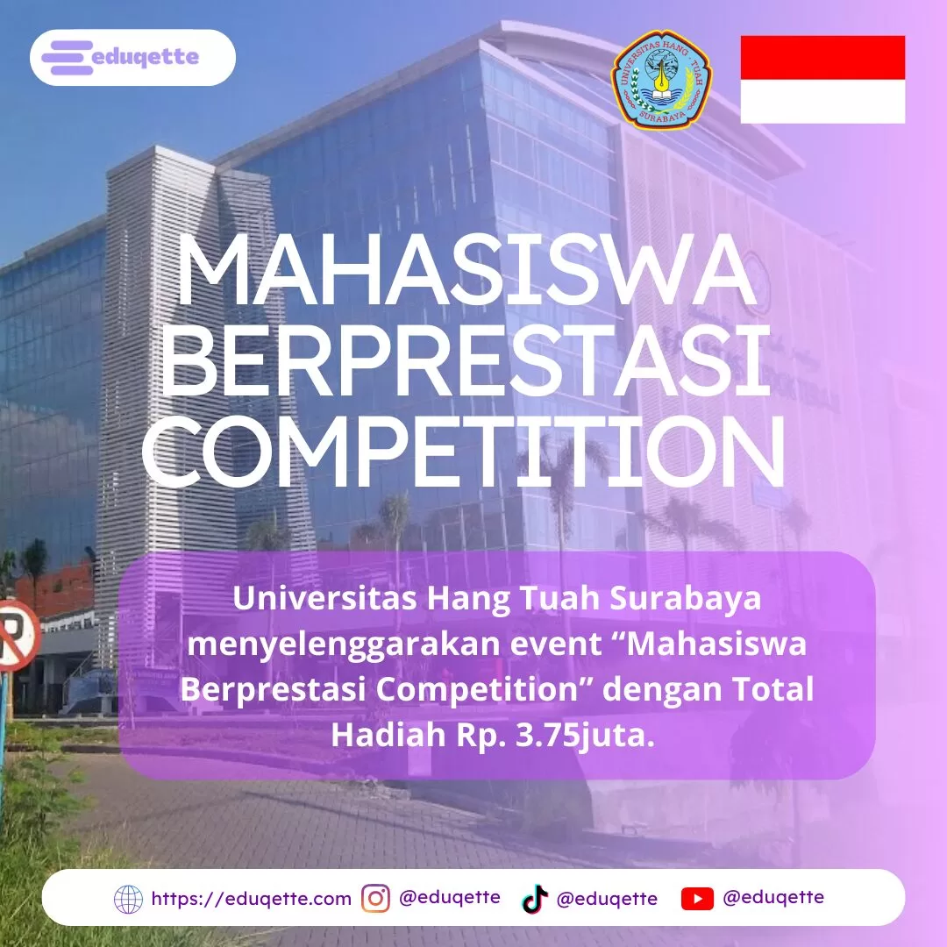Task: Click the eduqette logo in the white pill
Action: pos(132,58)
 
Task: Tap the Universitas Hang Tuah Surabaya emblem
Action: pos(661,80)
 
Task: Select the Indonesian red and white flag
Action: pos(822,79)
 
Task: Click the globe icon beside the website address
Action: pos(128,899)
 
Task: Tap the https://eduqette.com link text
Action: pos(251,899)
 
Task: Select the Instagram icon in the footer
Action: pos(375,899)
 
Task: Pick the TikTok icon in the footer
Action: pos(534,899)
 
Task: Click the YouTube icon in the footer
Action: pos(697,899)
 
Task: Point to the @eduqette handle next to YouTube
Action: pos(773,897)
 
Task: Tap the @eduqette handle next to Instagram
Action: pos(450,897)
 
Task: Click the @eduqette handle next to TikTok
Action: pos(607,899)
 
